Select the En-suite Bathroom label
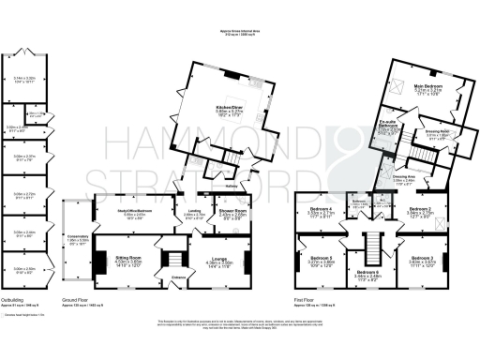point(390,124)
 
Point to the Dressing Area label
point(404,175)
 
